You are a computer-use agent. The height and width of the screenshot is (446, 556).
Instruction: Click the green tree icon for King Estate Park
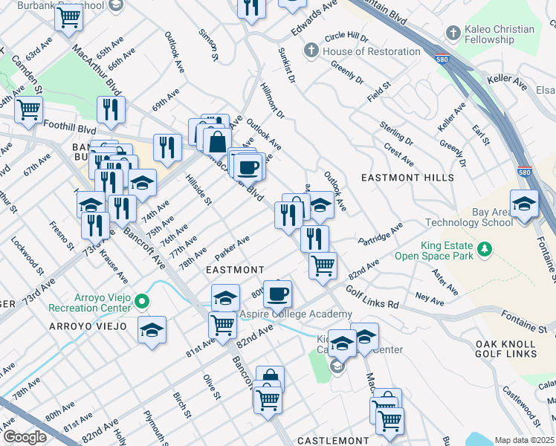coord(485,247)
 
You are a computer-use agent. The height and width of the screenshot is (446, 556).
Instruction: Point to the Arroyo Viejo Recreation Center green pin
coord(144,302)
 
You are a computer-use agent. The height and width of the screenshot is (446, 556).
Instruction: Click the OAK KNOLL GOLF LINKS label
coord(507,349)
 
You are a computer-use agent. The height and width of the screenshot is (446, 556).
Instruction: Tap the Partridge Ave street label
coord(379,233)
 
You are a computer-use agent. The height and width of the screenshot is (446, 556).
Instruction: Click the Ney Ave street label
coord(429,298)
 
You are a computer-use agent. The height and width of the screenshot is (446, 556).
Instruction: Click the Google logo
coord(25,437)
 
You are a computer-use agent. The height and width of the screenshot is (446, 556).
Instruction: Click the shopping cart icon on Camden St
coord(28,109)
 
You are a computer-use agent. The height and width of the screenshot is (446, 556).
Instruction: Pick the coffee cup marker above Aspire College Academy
coord(277,294)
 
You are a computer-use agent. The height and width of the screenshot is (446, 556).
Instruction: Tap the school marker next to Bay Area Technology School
coord(524,204)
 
